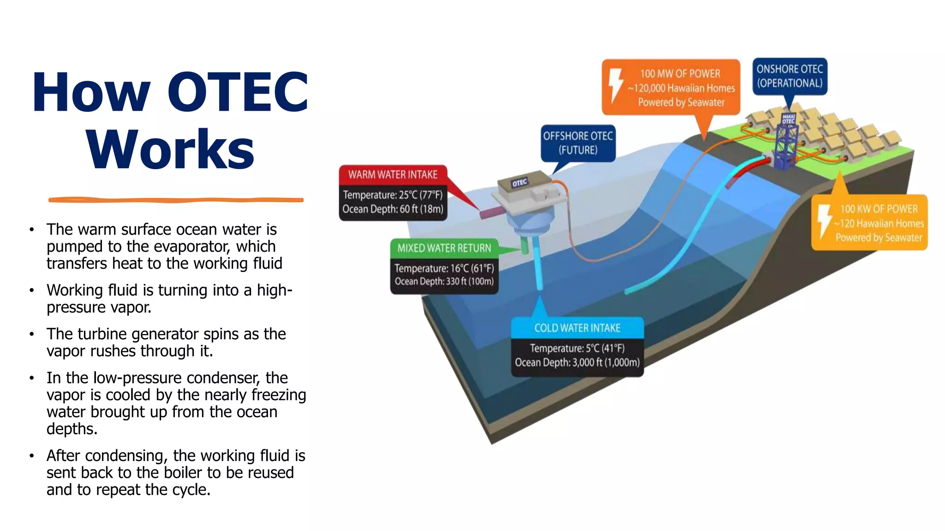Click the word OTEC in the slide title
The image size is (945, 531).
[x=238, y=92]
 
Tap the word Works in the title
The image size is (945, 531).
[x=170, y=150]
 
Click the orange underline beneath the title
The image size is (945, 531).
[x=176, y=200]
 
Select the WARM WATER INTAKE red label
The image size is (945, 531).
[x=393, y=175]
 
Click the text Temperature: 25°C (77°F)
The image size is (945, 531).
[x=393, y=195]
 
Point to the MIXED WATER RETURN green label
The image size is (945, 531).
[x=444, y=248]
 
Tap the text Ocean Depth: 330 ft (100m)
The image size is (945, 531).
[x=444, y=281]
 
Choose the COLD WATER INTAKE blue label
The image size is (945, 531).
[x=577, y=328]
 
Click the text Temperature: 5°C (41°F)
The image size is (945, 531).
[x=577, y=348]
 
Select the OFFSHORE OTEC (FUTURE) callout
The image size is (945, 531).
[x=578, y=143]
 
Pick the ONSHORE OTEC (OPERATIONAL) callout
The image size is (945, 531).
[x=789, y=76]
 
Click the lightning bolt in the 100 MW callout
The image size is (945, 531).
[x=616, y=85]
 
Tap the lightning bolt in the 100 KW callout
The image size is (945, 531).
[x=824, y=221]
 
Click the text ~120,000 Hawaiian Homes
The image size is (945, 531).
[x=681, y=88]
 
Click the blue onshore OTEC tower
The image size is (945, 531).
[x=787, y=141]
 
